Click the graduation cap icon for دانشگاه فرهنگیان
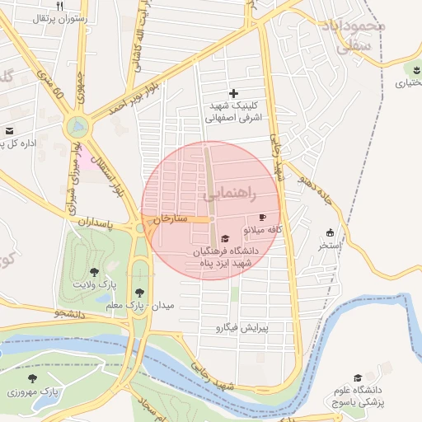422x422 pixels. pyautogui.click(x=225, y=238)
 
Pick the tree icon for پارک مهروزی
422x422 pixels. pyautogui.click(x=32, y=379)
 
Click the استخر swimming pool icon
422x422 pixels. pyautogui.click(x=331, y=233)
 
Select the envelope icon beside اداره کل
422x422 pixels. pyautogui.click(x=9, y=131)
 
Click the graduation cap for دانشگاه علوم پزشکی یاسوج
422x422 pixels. pyautogui.click(x=358, y=377)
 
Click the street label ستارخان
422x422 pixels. pyautogui.click(x=172, y=219)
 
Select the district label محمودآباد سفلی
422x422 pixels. pyautogui.click(x=363, y=37)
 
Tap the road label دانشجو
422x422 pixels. pyautogui.click(x=70, y=313)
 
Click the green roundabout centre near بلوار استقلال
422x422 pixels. pyautogui.click(x=77, y=127)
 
